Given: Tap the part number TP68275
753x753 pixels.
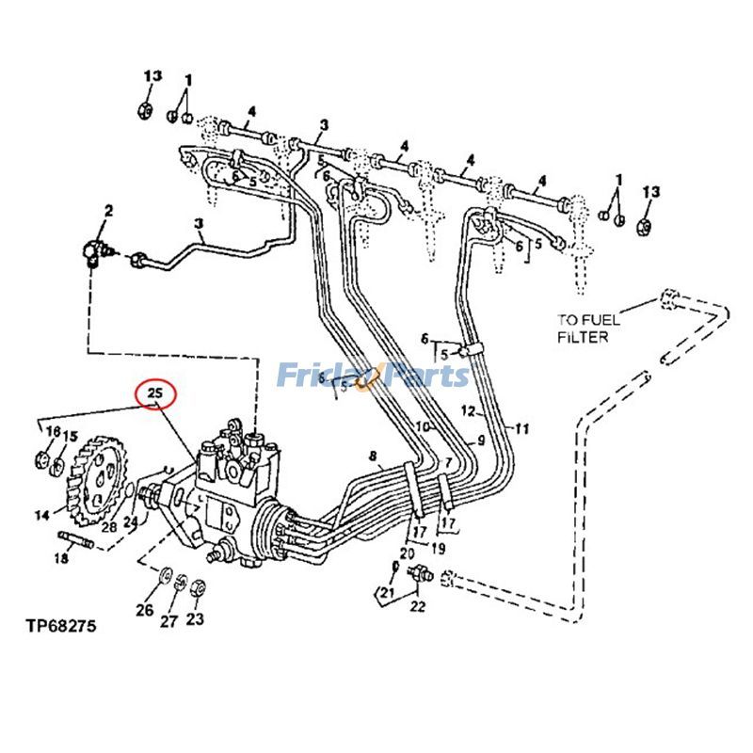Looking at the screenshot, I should [x=60, y=625].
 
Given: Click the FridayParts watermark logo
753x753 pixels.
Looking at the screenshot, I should [x=373, y=376].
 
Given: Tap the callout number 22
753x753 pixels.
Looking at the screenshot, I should [x=418, y=604].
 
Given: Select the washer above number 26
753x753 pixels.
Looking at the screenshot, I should [x=164, y=574].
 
